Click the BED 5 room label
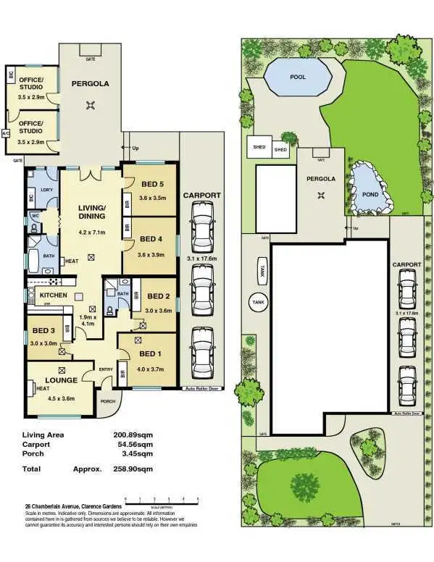151,183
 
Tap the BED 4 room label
151,239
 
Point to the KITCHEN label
54,295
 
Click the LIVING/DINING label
92,211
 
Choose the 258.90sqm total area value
133,469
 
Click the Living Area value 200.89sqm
133,435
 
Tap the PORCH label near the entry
108,402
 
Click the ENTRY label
106,369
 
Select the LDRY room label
46,190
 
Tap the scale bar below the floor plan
162,500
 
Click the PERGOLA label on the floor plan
89,84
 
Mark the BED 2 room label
159,296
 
